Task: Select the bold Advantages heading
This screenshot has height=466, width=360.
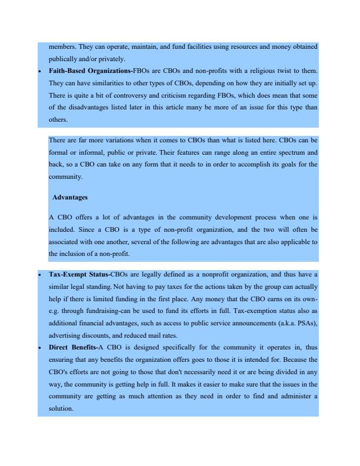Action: pyautogui.click(x=69, y=197)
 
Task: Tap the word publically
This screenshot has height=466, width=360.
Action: pyautogui.click(x=65, y=59)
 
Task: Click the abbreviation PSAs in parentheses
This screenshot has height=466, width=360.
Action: pyautogui.click(x=306, y=322)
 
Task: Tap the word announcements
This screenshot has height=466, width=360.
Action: pyautogui.click(x=256, y=322)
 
